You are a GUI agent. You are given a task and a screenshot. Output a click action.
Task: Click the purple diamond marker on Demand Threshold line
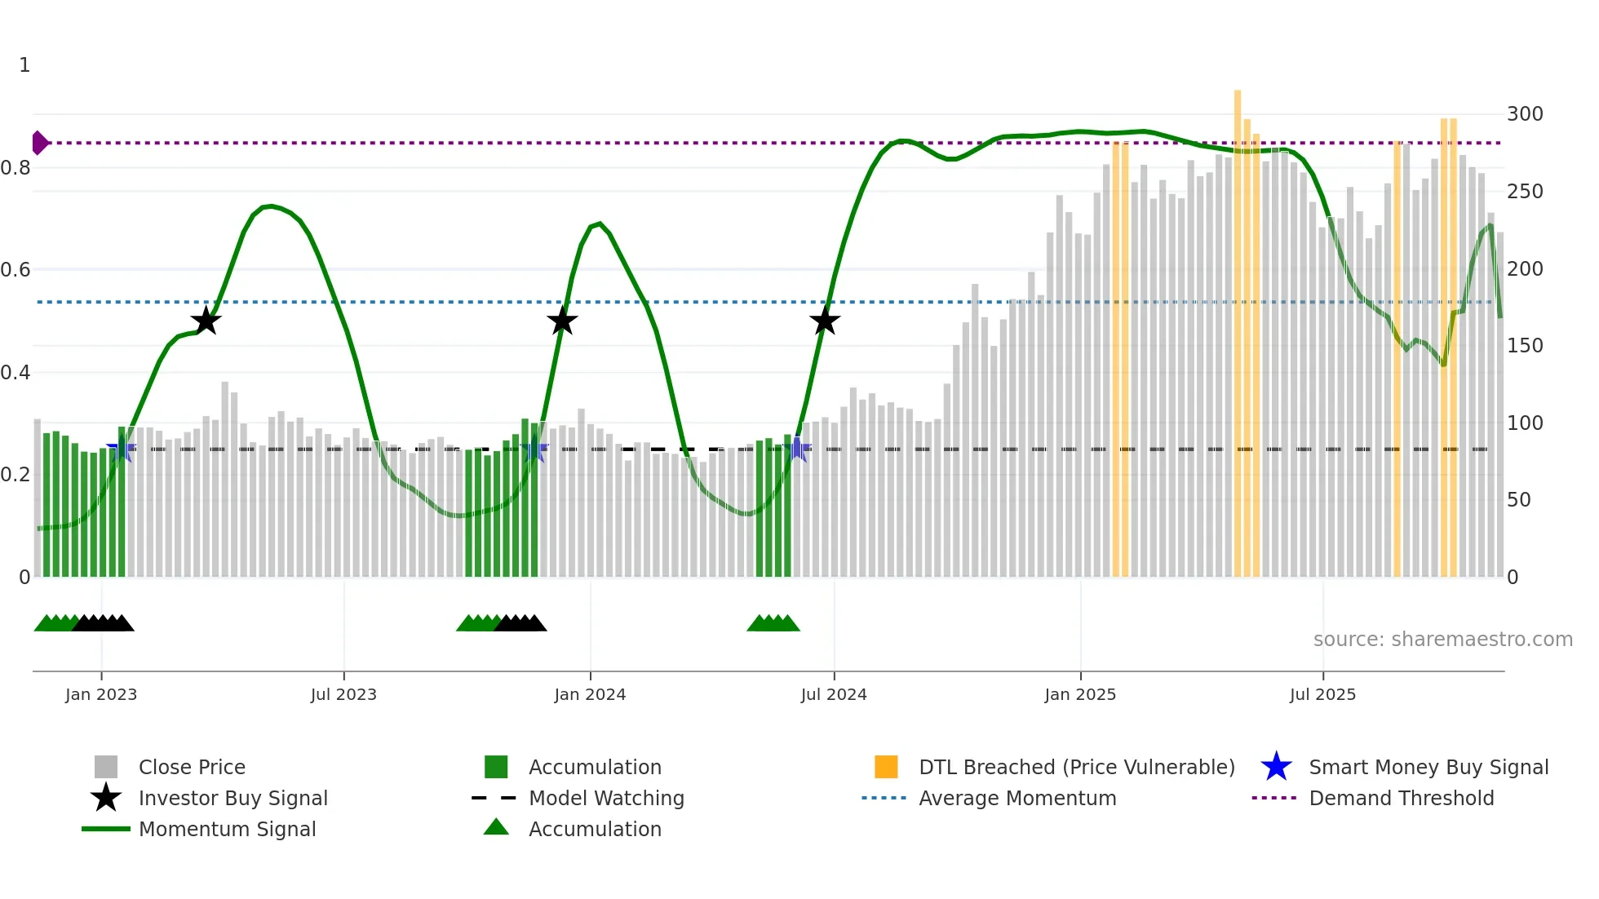[x=39, y=143]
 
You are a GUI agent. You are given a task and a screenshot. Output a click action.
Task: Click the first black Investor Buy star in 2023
[x=206, y=321]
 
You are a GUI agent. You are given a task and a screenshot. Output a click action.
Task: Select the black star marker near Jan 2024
[x=562, y=321]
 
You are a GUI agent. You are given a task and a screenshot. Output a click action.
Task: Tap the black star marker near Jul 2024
[x=825, y=321]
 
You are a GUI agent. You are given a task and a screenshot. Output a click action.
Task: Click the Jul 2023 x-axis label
[x=343, y=694]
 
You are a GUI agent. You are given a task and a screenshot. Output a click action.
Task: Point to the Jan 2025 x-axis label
[x=1080, y=694]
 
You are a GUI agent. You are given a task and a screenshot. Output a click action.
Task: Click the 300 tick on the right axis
[x=1524, y=114]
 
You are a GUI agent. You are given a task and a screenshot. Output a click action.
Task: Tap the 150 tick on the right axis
[x=1524, y=346]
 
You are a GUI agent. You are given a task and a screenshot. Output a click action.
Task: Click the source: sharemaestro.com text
[x=1442, y=640]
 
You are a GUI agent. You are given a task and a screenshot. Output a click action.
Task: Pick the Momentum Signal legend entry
[x=227, y=829]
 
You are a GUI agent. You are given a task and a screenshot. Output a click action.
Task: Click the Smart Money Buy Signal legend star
[x=1276, y=767]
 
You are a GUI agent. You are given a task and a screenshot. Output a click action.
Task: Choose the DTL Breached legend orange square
[x=886, y=767]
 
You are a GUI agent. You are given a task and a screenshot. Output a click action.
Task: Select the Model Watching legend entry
[x=606, y=798]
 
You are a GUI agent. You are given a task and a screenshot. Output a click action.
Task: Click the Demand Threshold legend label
[x=1401, y=798]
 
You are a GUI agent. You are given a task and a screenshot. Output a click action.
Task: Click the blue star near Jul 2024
[x=798, y=449]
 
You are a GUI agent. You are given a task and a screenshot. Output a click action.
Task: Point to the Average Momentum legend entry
[x=1017, y=798]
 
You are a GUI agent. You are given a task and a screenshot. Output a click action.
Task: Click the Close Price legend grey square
[x=106, y=767]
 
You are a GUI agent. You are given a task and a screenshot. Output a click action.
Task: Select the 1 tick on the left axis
[x=24, y=65]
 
